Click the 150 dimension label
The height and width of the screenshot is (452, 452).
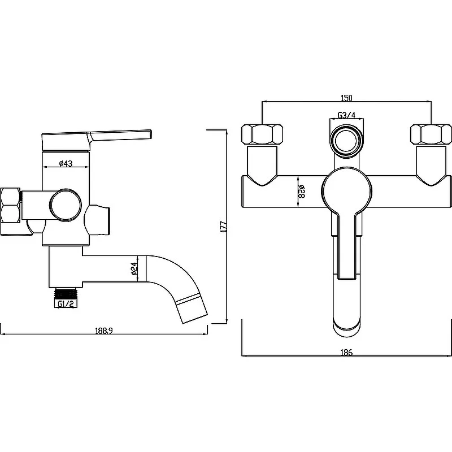[346, 98]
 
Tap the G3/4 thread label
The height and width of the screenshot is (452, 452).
[346, 115]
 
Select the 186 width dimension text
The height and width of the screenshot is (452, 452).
[346, 352]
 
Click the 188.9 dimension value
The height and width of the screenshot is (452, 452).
[104, 331]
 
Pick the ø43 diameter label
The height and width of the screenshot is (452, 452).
[66, 163]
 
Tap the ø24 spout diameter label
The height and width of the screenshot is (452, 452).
[134, 268]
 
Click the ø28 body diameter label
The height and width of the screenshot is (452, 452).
[302, 192]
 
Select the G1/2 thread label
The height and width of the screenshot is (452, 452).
[66, 304]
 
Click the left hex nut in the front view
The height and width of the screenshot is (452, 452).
[262, 134]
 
